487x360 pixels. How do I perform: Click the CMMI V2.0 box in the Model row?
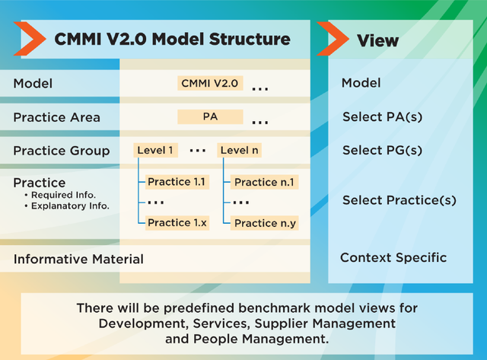tap(210, 83)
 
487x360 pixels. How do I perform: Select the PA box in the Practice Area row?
tap(210, 116)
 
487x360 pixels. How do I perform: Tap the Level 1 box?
tap(155, 151)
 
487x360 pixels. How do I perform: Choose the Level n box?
tap(239, 151)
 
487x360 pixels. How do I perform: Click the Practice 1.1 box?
tap(177, 182)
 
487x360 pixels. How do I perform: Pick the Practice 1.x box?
tap(177, 223)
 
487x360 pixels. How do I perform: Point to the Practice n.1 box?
tap(264, 182)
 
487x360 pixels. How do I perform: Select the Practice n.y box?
tap(264, 223)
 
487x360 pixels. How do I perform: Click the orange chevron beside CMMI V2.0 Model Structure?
tap(30, 39)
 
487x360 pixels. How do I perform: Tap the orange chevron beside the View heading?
tap(333, 39)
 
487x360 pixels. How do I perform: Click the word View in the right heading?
tap(377, 40)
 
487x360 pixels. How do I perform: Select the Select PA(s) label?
tap(382, 117)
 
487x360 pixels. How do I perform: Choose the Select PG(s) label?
tap(382, 151)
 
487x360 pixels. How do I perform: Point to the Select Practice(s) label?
tap(399, 200)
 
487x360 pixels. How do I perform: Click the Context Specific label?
tap(393, 258)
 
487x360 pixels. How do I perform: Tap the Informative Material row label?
tap(78, 259)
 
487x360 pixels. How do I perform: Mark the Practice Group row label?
tap(62, 151)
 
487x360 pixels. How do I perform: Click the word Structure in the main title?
tap(250, 39)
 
